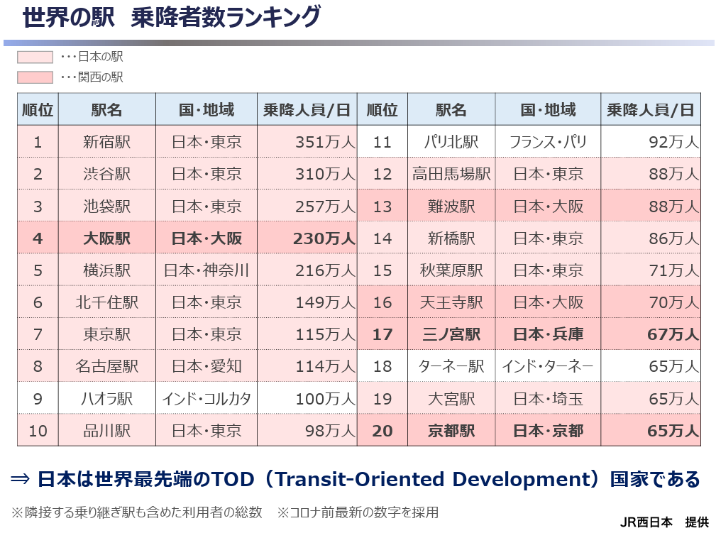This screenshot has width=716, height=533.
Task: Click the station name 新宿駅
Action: pos(107,142)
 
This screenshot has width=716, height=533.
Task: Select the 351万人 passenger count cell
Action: pos(325,142)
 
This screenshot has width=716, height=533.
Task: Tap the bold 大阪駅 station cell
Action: pos(107,238)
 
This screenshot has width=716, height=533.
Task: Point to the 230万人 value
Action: pos(324,238)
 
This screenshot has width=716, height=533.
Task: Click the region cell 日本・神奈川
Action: pos(206,270)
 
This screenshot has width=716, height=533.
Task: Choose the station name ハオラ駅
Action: pos(107,399)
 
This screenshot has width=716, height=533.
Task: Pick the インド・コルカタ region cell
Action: pos(206,399)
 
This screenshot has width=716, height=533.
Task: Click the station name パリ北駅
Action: pos(451,142)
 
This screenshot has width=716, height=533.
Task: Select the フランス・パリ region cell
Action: pos(548,142)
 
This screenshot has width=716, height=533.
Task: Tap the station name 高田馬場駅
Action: pos(451,174)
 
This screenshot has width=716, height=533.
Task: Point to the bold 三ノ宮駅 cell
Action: pos(451,334)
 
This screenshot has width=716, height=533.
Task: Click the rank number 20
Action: pos(382,431)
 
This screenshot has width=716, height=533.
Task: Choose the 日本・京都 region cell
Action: pos(548,431)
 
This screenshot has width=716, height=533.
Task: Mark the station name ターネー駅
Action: pos(451,366)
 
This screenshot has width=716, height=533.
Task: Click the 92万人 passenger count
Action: pos(673,142)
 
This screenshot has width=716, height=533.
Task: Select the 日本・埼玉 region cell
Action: pos(548,399)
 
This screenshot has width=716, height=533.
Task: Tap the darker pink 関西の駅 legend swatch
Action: pos(35,77)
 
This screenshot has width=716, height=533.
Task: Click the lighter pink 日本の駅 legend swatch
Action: pos(35,57)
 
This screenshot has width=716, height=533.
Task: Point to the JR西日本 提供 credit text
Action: pos(664,522)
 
